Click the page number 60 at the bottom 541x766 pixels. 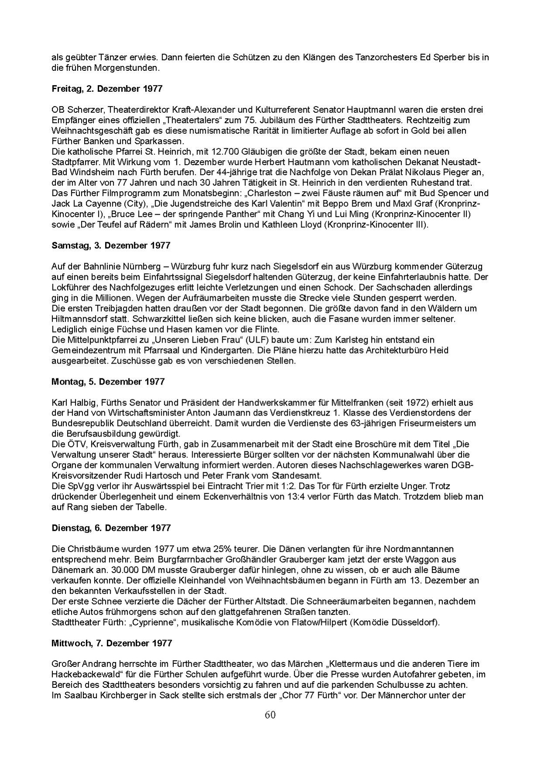click(x=270, y=715)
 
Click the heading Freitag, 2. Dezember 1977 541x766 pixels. click(x=107, y=89)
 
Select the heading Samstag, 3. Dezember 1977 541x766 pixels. click(x=111, y=246)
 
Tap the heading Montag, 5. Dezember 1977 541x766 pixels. click(x=108, y=381)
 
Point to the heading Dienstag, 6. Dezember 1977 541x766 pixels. click(x=111, y=528)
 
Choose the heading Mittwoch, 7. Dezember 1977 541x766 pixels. click(x=112, y=643)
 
